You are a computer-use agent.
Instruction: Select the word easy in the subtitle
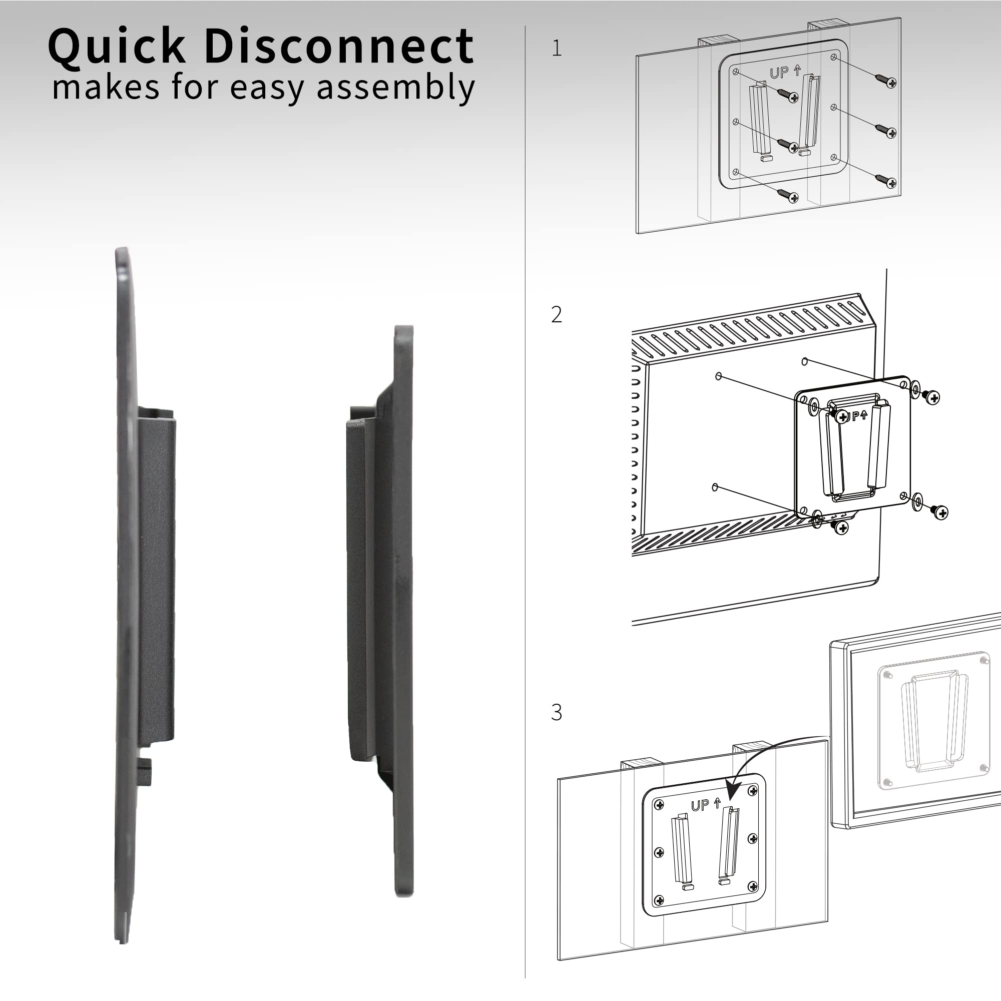click(x=267, y=87)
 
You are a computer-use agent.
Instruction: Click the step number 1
click(x=557, y=49)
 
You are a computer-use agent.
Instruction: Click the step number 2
click(x=557, y=314)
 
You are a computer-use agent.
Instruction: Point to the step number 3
click(x=557, y=713)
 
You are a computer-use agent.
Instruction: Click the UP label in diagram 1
click(x=779, y=73)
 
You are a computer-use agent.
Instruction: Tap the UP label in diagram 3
click(x=701, y=805)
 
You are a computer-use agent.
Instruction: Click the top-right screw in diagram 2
click(x=932, y=397)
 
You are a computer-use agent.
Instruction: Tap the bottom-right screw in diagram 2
click(x=941, y=513)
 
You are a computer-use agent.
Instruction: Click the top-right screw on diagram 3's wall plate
click(x=753, y=791)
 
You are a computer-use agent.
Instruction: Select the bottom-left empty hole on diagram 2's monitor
click(x=715, y=487)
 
